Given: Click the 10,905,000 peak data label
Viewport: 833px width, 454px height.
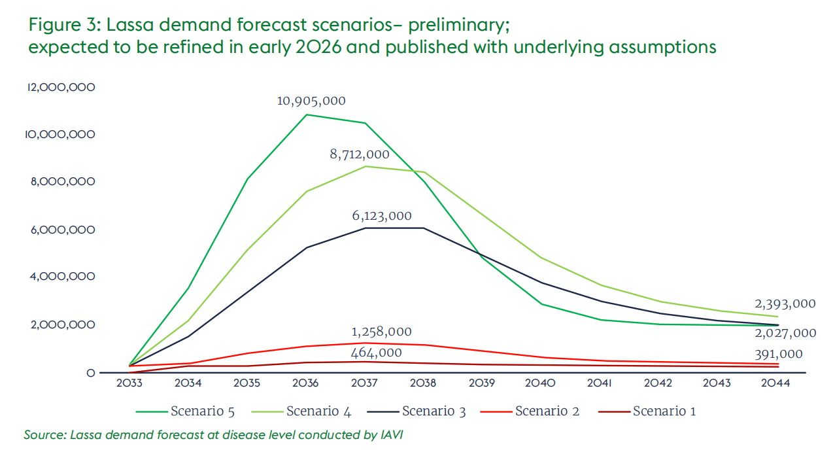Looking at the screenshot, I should (x=311, y=101).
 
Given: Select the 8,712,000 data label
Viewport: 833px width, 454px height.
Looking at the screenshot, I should (x=360, y=154).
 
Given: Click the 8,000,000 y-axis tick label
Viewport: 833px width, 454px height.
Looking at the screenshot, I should (x=63, y=181).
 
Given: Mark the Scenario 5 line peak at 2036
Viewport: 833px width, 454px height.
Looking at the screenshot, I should (x=307, y=115).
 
